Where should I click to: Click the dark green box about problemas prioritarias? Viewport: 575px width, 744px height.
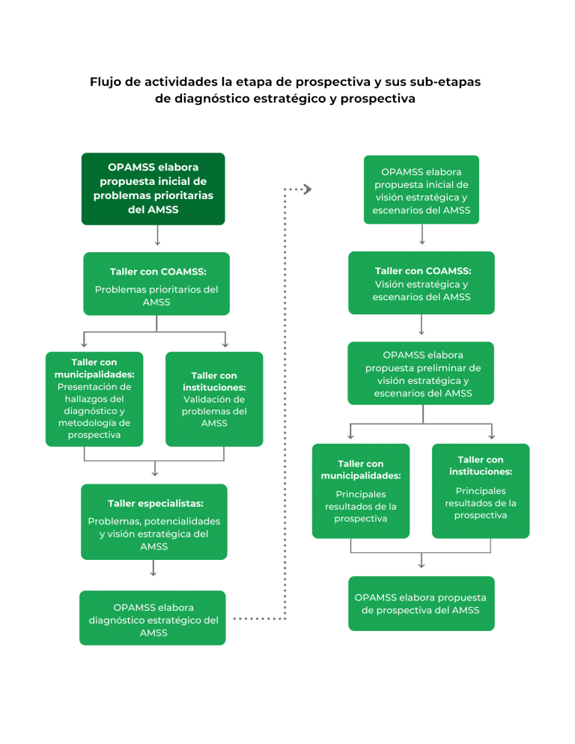153,189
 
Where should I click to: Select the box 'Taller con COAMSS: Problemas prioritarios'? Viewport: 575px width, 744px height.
156,283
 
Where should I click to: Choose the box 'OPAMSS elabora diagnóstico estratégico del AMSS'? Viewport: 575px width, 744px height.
153,618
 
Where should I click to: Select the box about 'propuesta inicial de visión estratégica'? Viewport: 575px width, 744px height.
422,190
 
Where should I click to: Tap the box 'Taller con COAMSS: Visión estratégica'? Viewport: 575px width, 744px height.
422,283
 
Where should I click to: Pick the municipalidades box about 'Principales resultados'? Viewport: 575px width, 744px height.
361,490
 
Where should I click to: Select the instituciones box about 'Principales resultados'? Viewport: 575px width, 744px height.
481,490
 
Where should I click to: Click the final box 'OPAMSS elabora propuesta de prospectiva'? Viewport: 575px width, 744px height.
421,603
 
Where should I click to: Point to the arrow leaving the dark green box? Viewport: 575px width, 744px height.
156,238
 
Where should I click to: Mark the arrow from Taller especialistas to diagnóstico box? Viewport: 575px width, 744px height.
153,571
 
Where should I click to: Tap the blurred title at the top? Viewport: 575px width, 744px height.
287,90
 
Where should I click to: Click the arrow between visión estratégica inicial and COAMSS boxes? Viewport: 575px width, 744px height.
422,237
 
